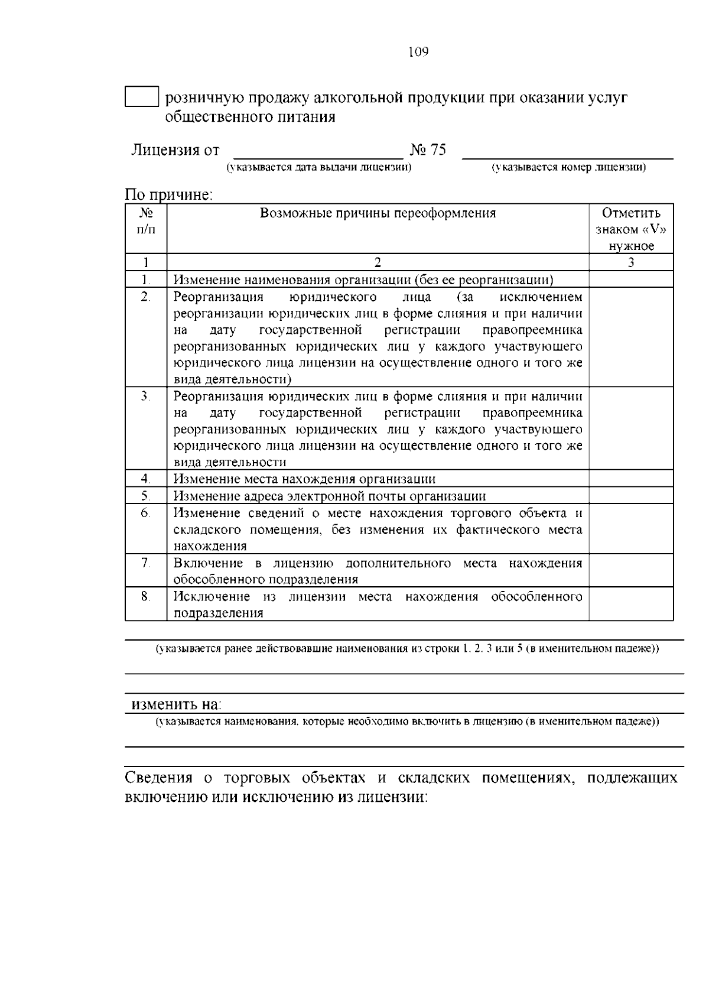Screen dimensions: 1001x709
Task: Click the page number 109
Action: click(418, 52)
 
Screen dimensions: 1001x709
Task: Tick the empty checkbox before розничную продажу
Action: click(142, 97)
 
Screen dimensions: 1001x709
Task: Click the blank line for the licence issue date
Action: click(318, 152)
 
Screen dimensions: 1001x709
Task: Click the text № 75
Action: click(428, 150)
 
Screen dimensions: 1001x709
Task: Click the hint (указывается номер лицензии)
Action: click(569, 168)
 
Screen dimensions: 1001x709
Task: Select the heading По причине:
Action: click(168, 194)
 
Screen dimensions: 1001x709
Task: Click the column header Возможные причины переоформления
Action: click(378, 213)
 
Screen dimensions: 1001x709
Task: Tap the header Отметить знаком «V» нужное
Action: click(630, 229)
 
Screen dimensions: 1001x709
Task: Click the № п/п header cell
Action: click(146, 221)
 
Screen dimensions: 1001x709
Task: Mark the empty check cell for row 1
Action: click(630, 279)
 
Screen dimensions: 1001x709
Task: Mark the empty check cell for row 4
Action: click(630, 479)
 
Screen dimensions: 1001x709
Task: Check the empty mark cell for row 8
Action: click(630, 604)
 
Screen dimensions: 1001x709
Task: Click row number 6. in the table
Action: click(146, 513)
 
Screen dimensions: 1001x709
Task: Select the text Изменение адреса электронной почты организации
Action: click(329, 496)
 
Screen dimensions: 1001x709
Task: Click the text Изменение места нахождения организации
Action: click(304, 479)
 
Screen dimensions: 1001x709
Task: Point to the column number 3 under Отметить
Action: click(630, 262)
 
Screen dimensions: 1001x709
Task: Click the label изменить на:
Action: click(175, 704)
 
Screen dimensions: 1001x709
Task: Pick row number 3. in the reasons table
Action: click(146, 396)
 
